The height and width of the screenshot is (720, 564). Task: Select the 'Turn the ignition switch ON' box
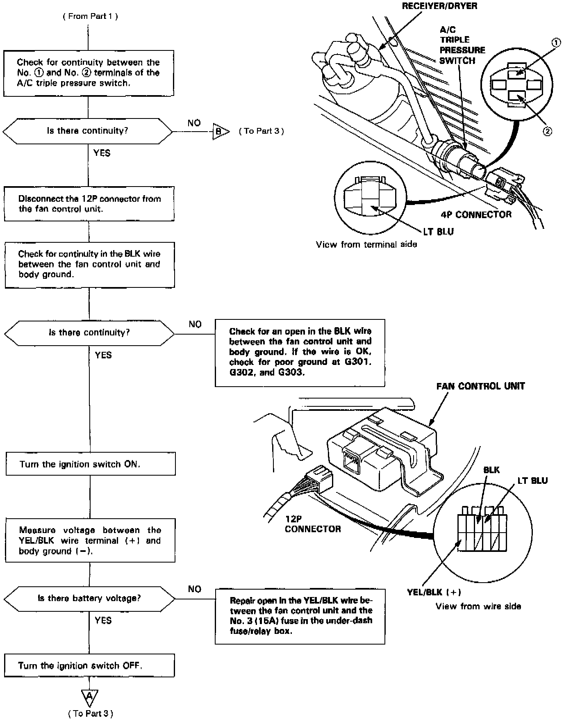(x=91, y=464)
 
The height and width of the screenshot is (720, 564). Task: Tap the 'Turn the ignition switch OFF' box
(x=89, y=665)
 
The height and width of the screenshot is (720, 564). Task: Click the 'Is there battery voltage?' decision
(x=89, y=598)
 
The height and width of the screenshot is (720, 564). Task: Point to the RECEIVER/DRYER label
(x=439, y=6)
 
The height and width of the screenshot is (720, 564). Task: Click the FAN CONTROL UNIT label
(x=480, y=386)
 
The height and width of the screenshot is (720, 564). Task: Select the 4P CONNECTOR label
(x=476, y=214)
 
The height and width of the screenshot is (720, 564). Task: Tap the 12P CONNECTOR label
(x=313, y=524)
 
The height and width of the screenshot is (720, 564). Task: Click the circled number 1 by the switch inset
(x=555, y=42)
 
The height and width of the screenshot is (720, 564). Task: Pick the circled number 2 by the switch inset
(x=547, y=131)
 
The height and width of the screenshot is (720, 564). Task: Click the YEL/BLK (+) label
(x=434, y=592)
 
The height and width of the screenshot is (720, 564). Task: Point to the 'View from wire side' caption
(x=478, y=606)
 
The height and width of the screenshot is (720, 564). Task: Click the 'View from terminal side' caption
(x=366, y=244)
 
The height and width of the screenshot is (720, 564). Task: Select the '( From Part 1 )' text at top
(x=90, y=16)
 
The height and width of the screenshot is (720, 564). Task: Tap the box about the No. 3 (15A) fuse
(x=300, y=616)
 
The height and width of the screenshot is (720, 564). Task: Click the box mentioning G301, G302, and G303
(x=300, y=353)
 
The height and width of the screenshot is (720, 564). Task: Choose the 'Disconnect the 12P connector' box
(x=89, y=204)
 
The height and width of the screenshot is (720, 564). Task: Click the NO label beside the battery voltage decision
(x=194, y=589)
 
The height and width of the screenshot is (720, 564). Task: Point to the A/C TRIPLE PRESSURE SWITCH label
(x=462, y=45)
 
